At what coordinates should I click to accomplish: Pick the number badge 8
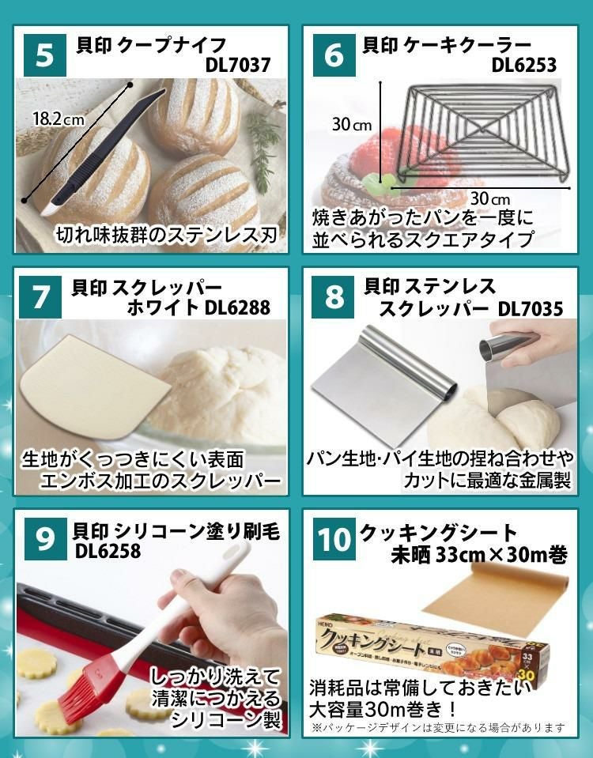[334, 297]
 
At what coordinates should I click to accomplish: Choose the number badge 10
[334, 539]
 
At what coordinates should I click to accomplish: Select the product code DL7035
[531, 308]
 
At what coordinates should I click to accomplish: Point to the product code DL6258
[108, 552]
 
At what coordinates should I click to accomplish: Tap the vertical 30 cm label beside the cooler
[351, 125]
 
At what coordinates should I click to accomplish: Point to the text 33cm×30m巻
[499, 556]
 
